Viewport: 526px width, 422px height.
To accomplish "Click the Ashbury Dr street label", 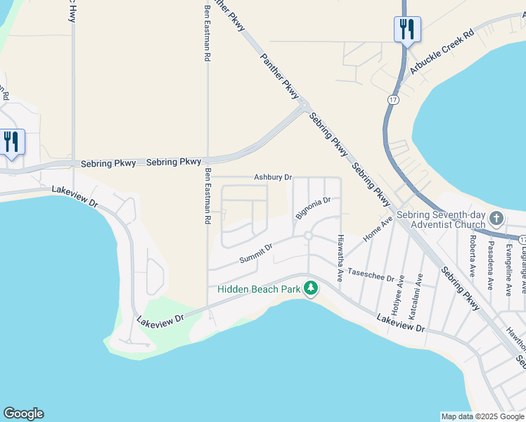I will tap(273, 177).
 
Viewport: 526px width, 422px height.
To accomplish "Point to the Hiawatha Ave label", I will tap(340, 258).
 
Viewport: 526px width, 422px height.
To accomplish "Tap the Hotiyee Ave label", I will tap(396, 296).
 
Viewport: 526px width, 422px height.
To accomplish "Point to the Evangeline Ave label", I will tap(508, 271).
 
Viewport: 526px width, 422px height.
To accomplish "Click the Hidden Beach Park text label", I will tap(258, 289).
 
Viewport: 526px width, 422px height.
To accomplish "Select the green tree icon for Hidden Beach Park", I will tap(310, 288).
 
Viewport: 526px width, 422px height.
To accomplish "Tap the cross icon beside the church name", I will tap(496, 218).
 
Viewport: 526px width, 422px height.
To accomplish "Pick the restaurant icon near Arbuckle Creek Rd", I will tap(406, 30).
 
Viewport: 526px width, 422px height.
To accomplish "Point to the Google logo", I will tap(23, 414).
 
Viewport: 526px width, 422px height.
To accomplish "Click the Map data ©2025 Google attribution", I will tap(482, 416).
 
